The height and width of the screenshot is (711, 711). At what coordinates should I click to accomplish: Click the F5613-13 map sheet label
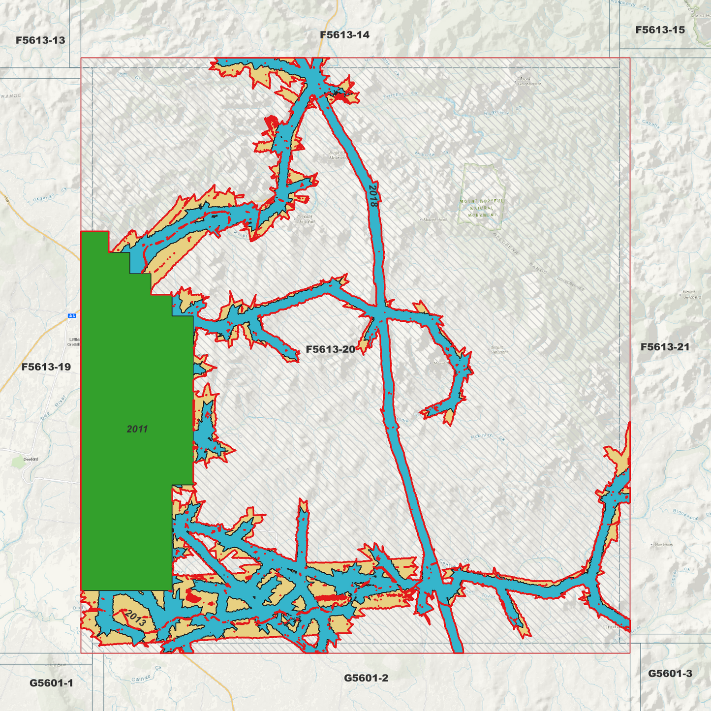pos(40,40)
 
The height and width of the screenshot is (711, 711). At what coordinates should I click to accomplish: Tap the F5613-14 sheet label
pos(344,35)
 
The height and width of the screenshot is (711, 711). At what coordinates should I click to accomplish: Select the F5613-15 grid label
pos(660,30)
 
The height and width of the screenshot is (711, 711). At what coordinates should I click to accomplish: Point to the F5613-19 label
pos(46,367)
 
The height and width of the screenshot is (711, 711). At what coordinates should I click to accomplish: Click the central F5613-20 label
pos(330,349)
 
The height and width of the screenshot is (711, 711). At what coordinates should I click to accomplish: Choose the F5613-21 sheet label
pos(665,347)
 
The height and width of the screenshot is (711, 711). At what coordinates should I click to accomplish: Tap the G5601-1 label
pos(51,683)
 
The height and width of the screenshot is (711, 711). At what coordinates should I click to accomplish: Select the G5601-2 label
pos(366,678)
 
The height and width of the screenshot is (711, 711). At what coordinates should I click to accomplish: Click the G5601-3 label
pos(670,674)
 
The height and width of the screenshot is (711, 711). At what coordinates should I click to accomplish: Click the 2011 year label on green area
pos(137,429)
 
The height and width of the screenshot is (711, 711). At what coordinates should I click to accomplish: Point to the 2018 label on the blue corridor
pos(373,195)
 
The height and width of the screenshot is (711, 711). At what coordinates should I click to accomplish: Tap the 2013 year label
pos(135,618)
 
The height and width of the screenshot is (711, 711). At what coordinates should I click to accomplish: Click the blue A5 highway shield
pos(72,315)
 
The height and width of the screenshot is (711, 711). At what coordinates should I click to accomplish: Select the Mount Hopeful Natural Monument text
pos(482,208)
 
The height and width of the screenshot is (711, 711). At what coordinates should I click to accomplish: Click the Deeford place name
pos(31,459)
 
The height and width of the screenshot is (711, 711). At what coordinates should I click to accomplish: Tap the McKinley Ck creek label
pos(487,436)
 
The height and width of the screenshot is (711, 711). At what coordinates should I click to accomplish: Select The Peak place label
pos(663,544)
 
